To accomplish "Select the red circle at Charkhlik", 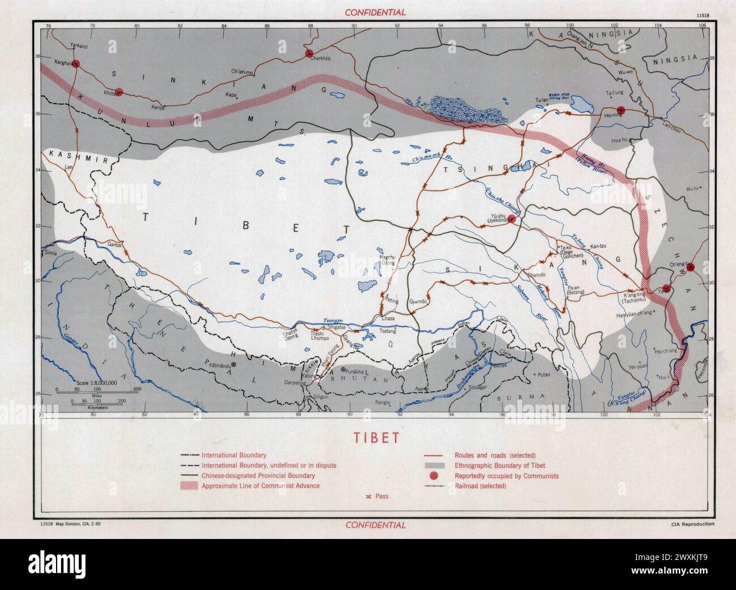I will coord(309,54).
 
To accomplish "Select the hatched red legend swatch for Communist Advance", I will coord(190,486).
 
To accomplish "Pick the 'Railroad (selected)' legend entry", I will coord(481,486).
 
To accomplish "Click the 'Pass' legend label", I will coord(381,496).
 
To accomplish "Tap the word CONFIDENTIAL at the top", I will coord(376,12).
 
